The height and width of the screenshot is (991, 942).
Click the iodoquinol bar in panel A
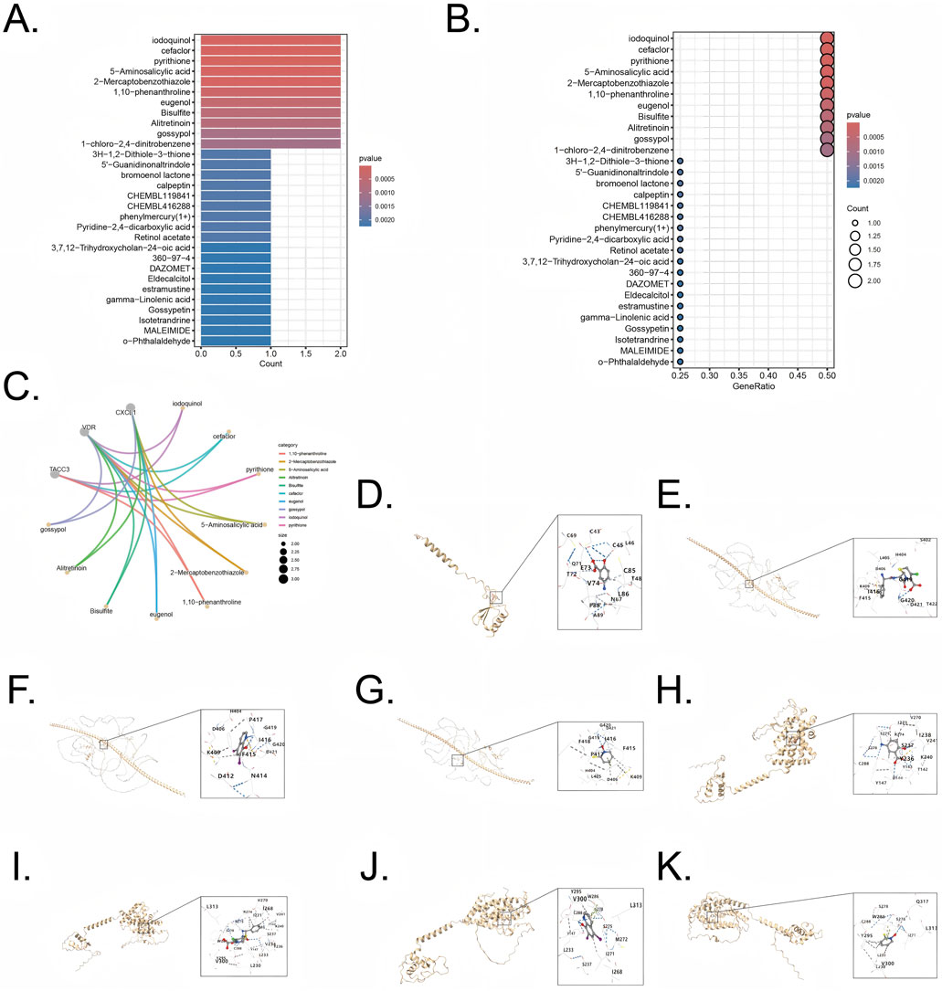[270, 40]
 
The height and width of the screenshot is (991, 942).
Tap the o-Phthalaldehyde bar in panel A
[235, 341]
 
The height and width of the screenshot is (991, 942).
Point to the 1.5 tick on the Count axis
[305, 353]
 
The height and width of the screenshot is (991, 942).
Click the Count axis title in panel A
[270, 364]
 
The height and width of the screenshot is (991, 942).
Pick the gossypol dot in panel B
[827, 139]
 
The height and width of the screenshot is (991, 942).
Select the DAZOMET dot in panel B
[681, 284]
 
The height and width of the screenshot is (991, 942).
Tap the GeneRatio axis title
[753, 386]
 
